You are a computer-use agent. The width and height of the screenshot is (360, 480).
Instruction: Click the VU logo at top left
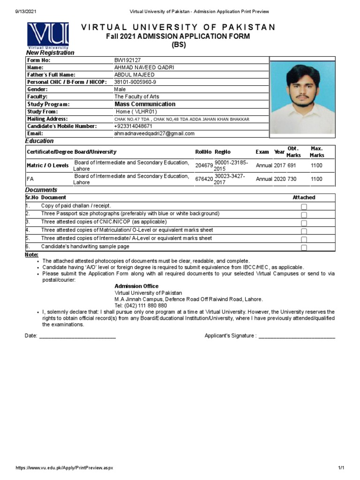point(48,35)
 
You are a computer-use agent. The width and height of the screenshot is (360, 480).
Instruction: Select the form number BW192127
point(127,60)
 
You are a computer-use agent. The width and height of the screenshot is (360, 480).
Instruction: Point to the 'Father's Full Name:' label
point(51,75)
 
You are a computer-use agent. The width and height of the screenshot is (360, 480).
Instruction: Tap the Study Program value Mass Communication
point(145,104)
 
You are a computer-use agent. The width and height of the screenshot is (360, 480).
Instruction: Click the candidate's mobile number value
point(133,126)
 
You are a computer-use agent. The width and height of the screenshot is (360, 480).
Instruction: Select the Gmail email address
point(154,134)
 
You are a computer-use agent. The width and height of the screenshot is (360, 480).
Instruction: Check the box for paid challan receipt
point(304,207)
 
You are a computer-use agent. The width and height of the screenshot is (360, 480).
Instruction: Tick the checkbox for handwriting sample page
point(304,247)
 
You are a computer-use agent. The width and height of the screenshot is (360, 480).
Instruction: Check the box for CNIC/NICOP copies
point(304,223)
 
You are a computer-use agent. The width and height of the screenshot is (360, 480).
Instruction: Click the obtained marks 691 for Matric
point(292,165)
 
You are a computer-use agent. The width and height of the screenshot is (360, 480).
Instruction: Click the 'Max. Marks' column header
point(317,152)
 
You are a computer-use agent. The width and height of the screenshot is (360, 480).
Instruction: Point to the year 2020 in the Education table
point(280,179)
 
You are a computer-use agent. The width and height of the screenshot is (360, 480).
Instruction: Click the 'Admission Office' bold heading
point(136,286)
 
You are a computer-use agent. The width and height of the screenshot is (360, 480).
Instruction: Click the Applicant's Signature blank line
point(297,336)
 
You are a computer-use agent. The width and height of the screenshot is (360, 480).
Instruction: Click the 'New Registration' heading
point(50,53)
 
